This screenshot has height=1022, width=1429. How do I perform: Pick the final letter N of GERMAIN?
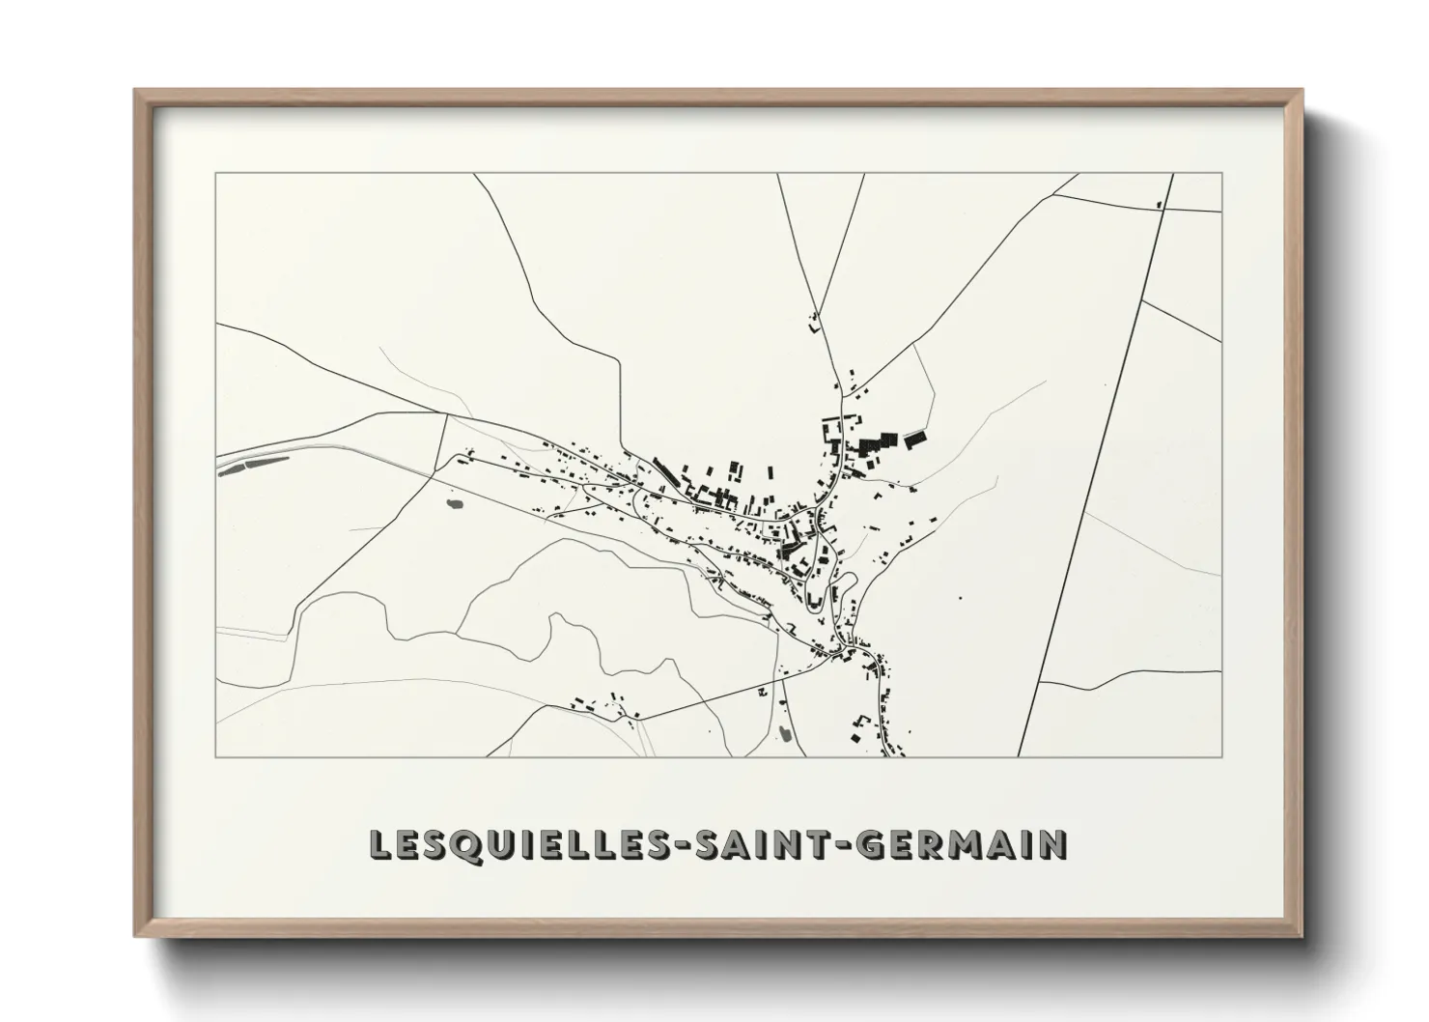click(x=1053, y=844)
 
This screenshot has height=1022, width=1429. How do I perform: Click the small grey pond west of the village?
click(x=453, y=502)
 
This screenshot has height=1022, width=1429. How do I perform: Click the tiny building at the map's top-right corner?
click(x=1158, y=204)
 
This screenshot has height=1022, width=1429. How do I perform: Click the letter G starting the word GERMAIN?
click(x=871, y=844)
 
